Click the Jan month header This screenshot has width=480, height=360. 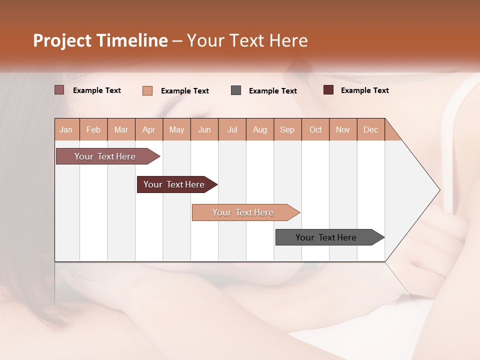(x=66, y=129)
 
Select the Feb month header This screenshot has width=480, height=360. (x=93, y=129)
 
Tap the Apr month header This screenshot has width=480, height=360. (x=149, y=129)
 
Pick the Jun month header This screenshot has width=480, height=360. (x=204, y=129)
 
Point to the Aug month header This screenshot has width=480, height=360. (x=260, y=129)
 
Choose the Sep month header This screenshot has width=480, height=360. (x=287, y=129)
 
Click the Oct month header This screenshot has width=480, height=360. (x=315, y=129)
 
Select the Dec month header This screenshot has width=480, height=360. (x=371, y=129)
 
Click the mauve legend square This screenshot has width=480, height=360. (x=59, y=90)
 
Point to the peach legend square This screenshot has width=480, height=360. (x=147, y=90)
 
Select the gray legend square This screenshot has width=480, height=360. (x=236, y=90)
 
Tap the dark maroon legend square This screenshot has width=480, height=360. (x=328, y=90)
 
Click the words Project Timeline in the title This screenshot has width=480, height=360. (x=100, y=40)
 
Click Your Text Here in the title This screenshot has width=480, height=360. (x=247, y=40)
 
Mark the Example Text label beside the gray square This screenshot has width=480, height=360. (x=273, y=91)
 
